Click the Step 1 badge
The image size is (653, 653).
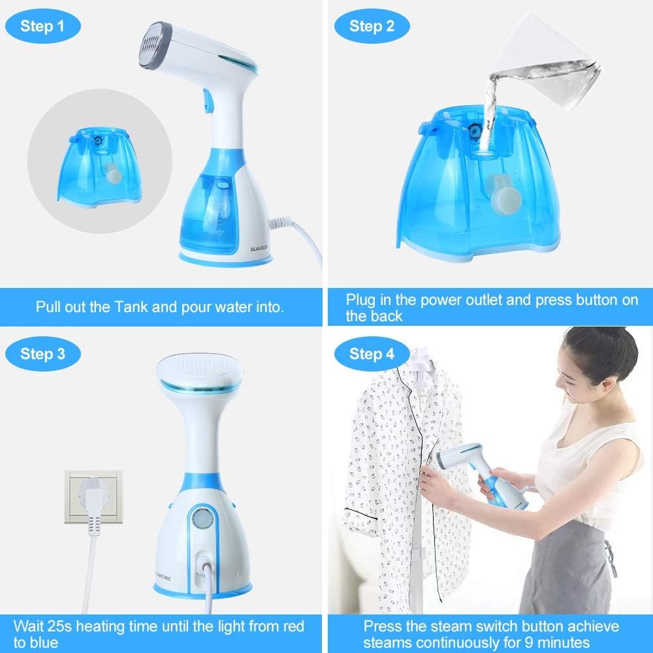coord(42,26)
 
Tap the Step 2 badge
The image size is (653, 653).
coord(372,26)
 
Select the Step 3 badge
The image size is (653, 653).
coord(42,354)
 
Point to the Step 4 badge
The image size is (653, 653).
coord(372,354)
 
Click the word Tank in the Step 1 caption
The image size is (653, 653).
coord(131,307)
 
